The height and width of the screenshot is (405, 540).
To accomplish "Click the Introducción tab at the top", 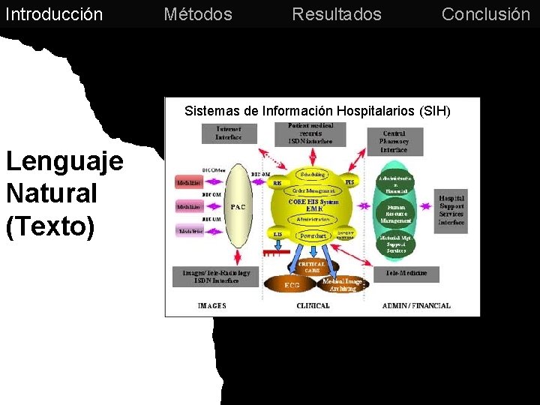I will tap(54, 14).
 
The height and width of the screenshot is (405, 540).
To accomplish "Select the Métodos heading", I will tap(198, 14).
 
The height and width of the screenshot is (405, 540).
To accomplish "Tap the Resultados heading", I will tap(337, 14).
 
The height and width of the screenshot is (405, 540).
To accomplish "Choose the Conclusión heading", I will tap(485, 14).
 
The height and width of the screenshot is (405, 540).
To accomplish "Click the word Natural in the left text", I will tap(52, 193).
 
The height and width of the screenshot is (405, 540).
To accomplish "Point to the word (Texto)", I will tap(50, 226).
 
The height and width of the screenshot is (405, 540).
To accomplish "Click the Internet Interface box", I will tap(229, 133).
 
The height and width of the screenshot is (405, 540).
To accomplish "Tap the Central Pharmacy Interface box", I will tap(394, 141).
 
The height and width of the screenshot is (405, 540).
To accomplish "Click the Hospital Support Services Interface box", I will tap(451, 211).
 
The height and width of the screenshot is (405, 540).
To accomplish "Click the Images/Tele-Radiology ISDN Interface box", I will tap(216, 277).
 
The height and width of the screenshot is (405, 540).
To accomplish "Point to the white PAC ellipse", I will tap(238, 206).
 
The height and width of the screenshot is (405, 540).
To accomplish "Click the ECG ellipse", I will tap(292, 285).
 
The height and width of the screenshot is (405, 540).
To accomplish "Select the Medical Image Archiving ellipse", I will tap(343, 284).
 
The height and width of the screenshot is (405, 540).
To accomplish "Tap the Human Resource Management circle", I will tap(395, 214).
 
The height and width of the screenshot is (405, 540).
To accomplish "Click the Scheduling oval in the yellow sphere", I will tap(312, 175).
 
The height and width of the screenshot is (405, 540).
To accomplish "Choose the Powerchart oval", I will tap(313, 235).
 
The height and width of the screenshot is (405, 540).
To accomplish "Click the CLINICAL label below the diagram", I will tap(313, 306).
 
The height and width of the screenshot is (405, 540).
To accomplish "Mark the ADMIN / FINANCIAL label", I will tap(416, 306).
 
